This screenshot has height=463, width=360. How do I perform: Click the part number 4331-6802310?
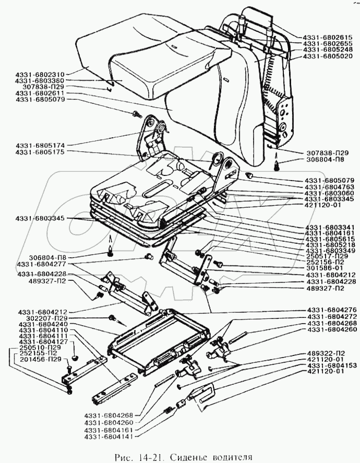point(41,74)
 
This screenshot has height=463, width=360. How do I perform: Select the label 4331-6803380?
point(41,81)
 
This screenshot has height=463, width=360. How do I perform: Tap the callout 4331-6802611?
point(41,93)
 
